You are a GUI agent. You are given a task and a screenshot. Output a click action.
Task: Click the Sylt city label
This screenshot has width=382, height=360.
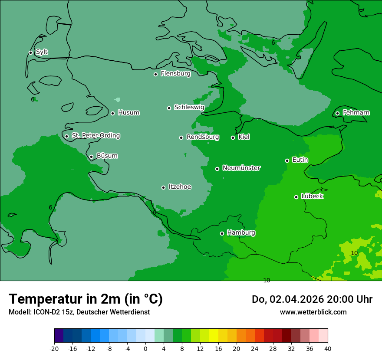click(x=42, y=52)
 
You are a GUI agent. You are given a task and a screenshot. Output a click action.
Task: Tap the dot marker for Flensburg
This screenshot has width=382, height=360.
click(x=155, y=74)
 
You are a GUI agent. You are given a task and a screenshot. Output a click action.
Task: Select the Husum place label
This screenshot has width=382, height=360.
click(x=128, y=113)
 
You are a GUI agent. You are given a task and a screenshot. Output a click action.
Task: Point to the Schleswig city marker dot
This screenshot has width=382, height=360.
click(x=169, y=108)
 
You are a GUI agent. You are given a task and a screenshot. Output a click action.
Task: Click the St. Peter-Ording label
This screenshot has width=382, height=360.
click(x=95, y=136)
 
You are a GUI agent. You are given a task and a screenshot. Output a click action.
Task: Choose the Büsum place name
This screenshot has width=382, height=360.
click(x=107, y=156)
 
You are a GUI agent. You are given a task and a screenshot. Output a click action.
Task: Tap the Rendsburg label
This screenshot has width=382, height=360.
click(x=203, y=137)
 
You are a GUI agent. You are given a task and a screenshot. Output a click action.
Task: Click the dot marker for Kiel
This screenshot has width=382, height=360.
click(x=233, y=137)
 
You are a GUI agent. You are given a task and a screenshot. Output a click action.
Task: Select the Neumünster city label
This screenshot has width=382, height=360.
click(x=241, y=168)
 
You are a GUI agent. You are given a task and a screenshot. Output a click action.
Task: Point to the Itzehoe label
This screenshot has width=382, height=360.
click(x=180, y=187)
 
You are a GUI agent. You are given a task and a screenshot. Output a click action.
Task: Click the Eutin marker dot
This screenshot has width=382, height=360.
click(x=287, y=160)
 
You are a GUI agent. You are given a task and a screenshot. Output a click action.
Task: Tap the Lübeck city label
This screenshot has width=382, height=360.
click(x=312, y=196)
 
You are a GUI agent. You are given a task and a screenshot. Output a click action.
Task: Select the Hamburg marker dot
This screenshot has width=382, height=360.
click(x=222, y=233)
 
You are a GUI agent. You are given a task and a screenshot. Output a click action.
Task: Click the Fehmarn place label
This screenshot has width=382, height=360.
click(x=356, y=113)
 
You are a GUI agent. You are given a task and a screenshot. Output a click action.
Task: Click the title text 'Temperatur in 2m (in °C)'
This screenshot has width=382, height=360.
click(x=86, y=299)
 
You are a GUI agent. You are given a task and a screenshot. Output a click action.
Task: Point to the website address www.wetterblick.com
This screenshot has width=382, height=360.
click(x=313, y=312)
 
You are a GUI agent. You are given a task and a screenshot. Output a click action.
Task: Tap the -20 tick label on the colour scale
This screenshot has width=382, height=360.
click(x=54, y=349)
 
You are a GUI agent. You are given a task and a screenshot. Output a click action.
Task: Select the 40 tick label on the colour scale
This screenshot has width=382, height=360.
click(x=328, y=349)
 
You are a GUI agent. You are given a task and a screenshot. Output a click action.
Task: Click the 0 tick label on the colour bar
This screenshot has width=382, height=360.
click(x=145, y=349)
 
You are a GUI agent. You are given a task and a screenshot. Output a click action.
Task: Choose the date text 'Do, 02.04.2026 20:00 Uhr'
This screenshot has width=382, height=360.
click(x=312, y=299)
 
